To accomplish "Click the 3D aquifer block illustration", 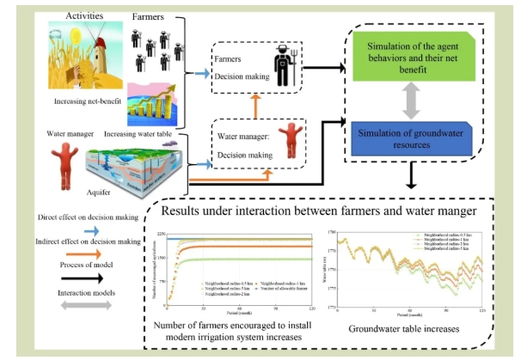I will point(142,170).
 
